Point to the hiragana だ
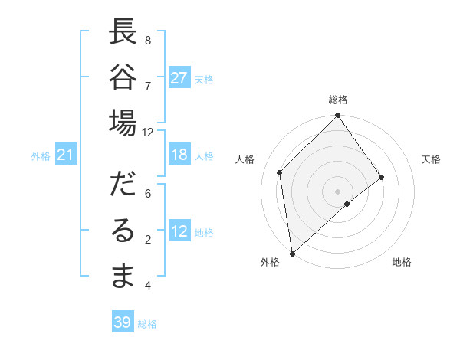click(123, 185)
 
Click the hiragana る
click(123, 231)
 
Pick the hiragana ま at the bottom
click(123, 276)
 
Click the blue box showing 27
click(179, 78)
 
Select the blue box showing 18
click(179, 155)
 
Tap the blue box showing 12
click(179, 232)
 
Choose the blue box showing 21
click(66, 155)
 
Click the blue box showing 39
click(123, 322)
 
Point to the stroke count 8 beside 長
click(148, 40)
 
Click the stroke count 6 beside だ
click(148, 194)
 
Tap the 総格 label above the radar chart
click(338, 100)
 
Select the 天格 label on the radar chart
click(431, 159)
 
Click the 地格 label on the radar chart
click(402, 263)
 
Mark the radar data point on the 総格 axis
click(337, 116)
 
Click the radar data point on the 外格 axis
click(292, 252)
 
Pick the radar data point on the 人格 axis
click(280, 172)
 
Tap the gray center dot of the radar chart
click(337, 190)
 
